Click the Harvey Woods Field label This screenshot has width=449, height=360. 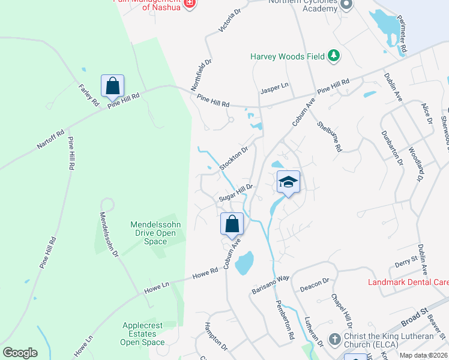287,57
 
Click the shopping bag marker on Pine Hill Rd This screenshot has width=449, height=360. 112,86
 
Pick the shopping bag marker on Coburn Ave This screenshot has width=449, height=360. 232,224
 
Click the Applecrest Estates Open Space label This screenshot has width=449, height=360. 142,334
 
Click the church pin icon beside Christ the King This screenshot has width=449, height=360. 334,339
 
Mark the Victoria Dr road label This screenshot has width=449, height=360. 229,19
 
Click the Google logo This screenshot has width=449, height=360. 20,353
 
